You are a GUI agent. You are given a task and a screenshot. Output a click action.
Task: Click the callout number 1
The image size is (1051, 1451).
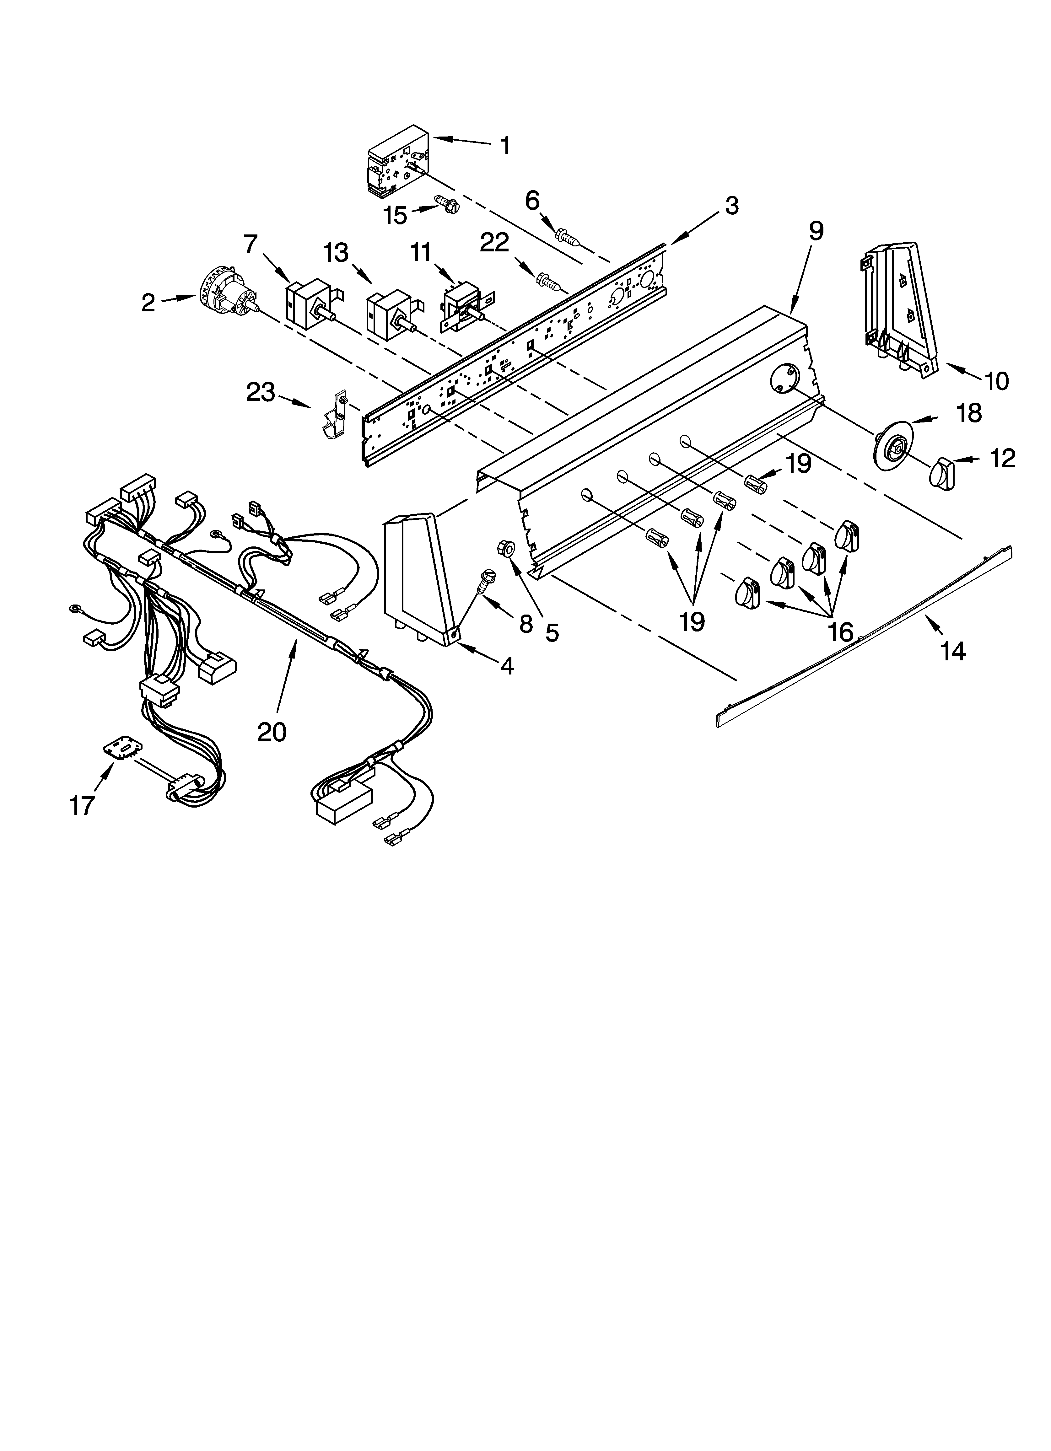coord(505,146)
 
